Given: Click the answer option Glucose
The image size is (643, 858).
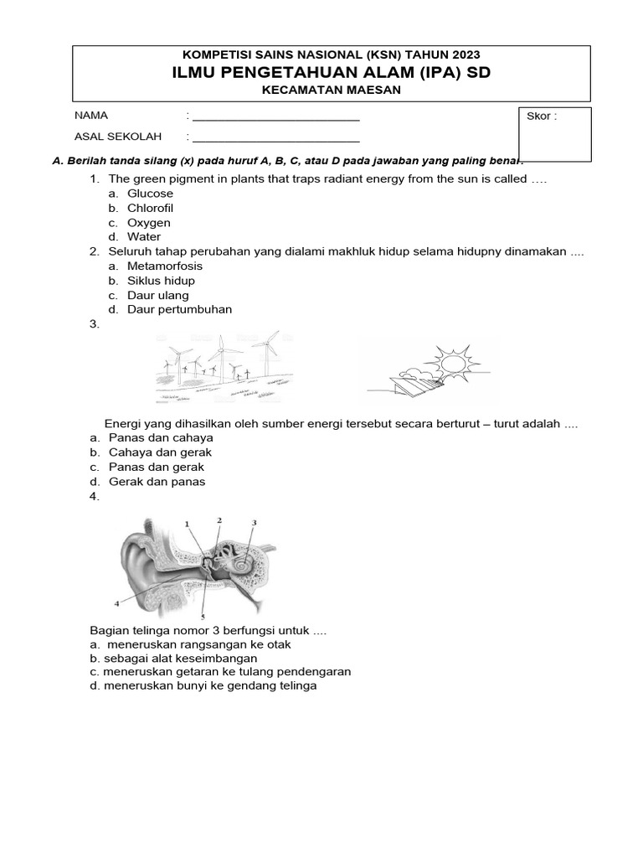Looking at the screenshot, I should click(150, 194).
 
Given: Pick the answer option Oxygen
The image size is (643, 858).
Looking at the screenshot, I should click(148, 223).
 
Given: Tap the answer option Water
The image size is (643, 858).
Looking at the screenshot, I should click(144, 237).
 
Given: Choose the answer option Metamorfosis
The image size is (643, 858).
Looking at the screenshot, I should click(164, 266).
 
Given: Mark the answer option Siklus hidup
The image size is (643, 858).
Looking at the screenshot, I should click(161, 281).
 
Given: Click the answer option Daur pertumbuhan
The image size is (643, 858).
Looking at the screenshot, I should click(179, 309).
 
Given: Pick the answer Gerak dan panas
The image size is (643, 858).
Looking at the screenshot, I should click(157, 482).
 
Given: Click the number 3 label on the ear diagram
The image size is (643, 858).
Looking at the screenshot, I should click(254, 523).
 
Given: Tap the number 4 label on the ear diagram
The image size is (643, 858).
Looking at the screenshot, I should click(116, 602).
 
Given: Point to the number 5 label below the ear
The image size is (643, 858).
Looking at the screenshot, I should click(203, 616).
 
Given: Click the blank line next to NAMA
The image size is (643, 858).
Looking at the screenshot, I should click(275, 116).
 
